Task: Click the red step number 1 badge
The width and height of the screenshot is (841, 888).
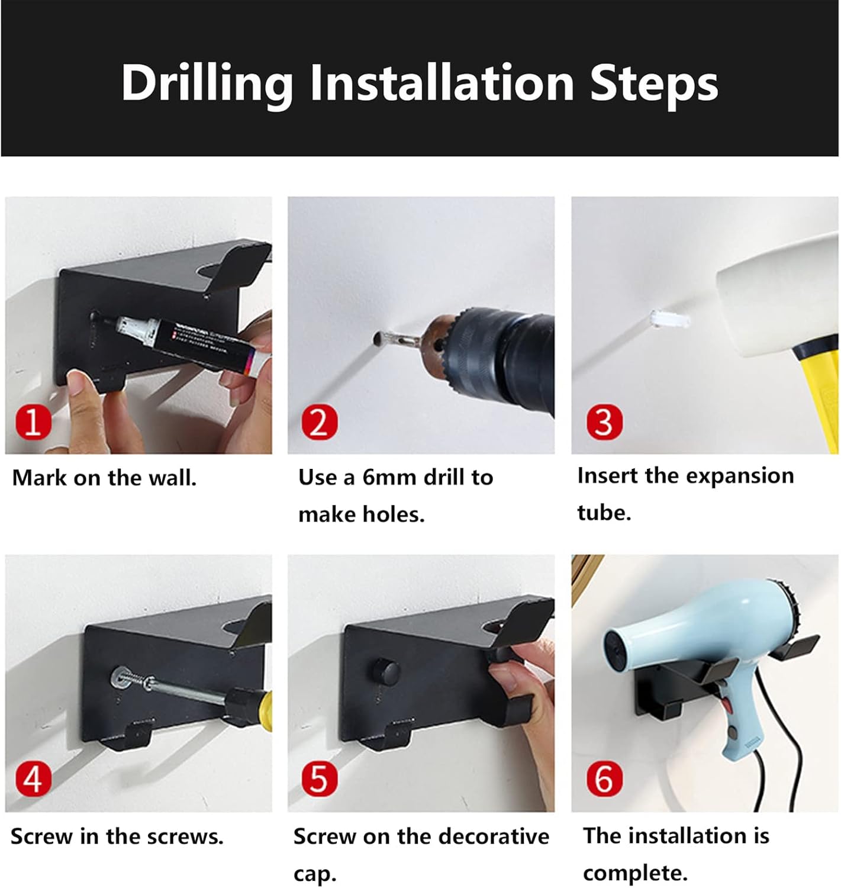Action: click(33, 423)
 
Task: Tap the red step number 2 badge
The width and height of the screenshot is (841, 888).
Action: click(320, 422)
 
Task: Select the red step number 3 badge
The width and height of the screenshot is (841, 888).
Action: click(605, 422)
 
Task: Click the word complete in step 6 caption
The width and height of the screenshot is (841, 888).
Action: click(635, 874)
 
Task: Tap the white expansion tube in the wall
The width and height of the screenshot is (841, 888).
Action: click(670, 319)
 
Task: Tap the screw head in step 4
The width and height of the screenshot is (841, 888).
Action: click(120, 676)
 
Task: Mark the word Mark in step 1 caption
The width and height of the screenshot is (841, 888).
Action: click(39, 478)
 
